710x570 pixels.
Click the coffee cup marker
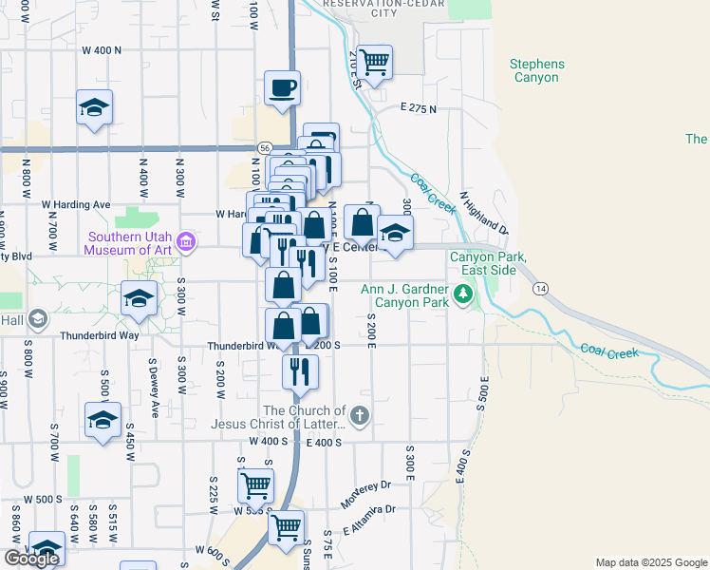click(282, 89)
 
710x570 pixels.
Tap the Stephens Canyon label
click(536, 71)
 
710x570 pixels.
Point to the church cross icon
click(359, 415)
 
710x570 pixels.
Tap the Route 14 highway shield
click(540, 288)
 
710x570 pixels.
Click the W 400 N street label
click(103, 49)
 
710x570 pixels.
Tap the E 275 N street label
click(419, 108)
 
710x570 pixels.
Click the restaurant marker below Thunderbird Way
click(300, 370)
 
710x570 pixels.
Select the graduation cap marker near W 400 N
click(94, 108)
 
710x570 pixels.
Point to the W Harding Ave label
click(76, 204)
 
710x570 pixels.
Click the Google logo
click(31, 559)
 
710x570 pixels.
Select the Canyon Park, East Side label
click(486, 263)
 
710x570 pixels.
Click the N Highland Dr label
click(484, 213)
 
